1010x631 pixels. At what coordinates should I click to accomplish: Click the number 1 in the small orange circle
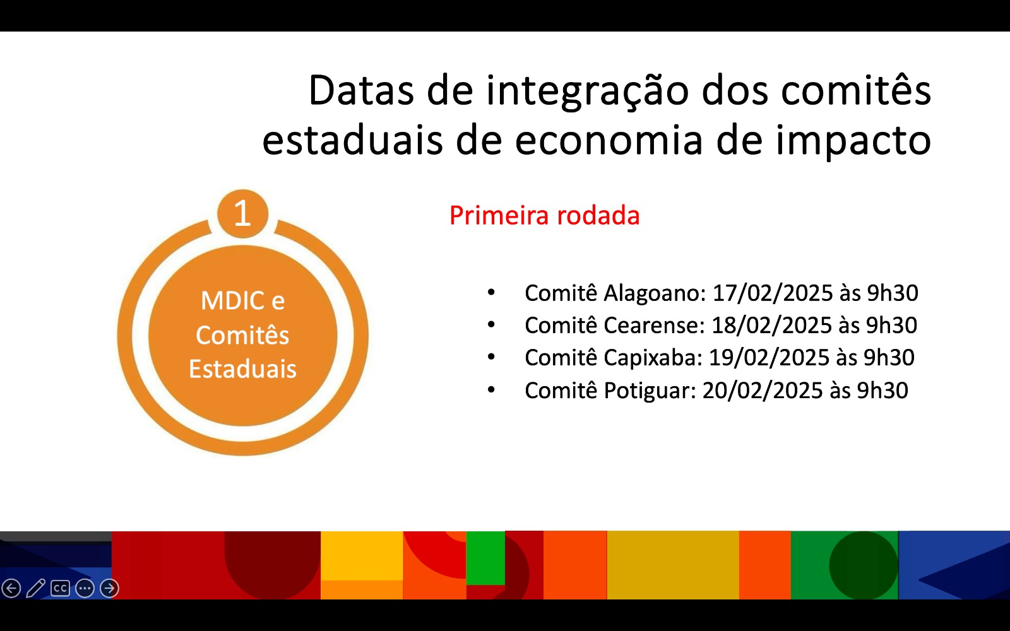[x=242, y=213]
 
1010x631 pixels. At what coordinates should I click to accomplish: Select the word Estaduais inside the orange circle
[x=242, y=369]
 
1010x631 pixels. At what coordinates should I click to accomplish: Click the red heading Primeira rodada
[x=544, y=215]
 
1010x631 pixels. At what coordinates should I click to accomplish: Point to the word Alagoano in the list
[x=655, y=293]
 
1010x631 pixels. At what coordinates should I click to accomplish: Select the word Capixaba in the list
[x=653, y=357]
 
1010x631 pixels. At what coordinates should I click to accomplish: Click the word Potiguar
[x=650, y=391]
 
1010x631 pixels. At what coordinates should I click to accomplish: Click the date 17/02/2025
[x=773, y=293]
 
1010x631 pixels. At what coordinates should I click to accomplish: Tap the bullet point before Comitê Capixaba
[x=491, y=357]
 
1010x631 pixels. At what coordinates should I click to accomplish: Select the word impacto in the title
[x=853, y=141]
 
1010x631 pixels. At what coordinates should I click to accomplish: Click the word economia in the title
[x=609, y=140]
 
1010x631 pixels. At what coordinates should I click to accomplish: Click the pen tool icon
[x=35, y=588]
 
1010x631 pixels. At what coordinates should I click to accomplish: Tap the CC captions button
[x=60, y=588]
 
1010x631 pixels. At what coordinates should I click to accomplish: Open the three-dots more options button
[x=85, y=588]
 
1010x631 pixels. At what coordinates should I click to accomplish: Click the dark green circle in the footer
[x=864, y=565]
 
